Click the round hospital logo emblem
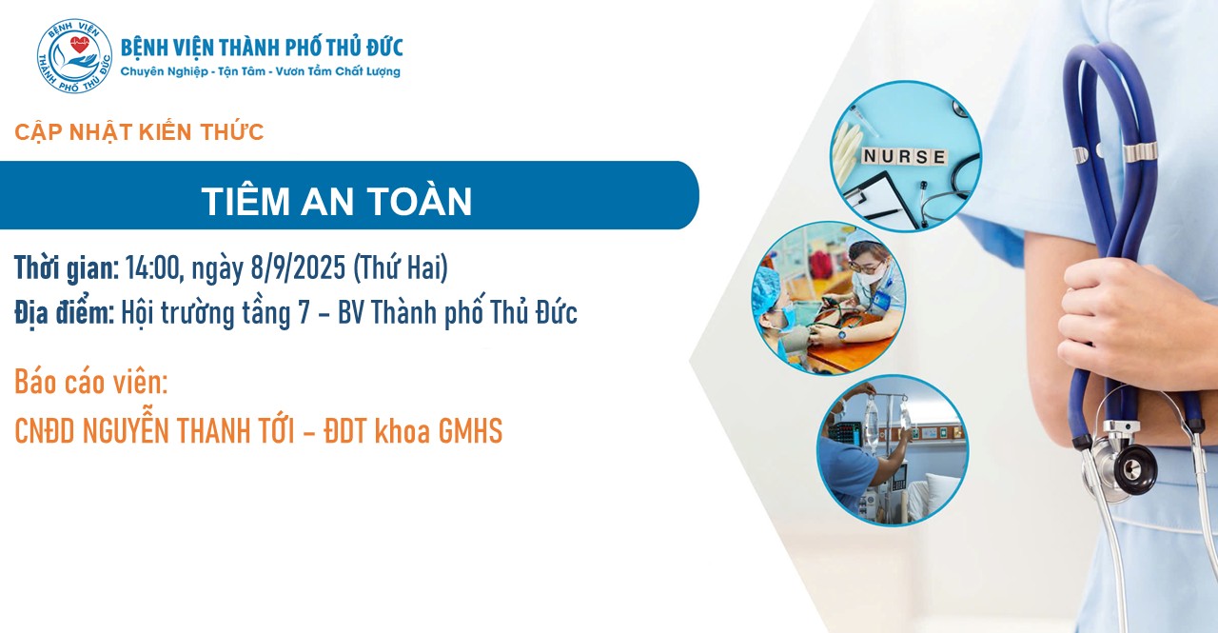[74, 56]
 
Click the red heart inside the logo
[79, 45]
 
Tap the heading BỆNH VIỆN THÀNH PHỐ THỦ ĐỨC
[262, 48]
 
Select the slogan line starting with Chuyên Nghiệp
[260, 71]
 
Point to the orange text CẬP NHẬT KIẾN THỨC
[139, 132]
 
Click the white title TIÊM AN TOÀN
[337, 200]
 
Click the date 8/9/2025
[298, 267]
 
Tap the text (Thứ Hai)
[401, 267]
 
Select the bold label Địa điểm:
[64, 314]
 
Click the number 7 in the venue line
[304, 313]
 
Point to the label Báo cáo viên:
[90, 382]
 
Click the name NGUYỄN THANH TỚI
[188, 430]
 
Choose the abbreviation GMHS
[470, 431]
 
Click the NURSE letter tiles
[904, 157]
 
